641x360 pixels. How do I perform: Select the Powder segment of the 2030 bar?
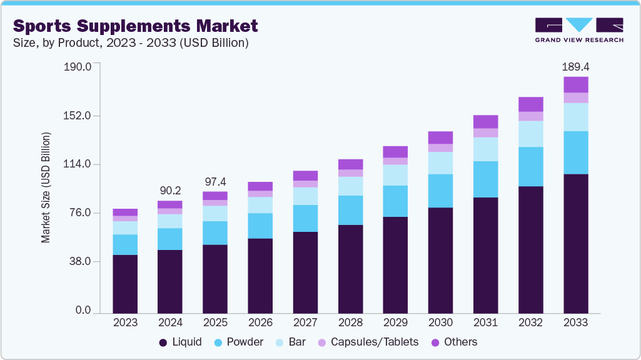point(440,191)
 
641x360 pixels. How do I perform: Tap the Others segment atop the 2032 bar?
point(530,104)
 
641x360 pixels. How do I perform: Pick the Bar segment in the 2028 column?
point(350,186)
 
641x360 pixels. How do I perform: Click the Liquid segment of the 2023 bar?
point(125,284)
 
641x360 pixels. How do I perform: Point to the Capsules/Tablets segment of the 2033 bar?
point(575,97)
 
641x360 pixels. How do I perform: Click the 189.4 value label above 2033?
point(575,66)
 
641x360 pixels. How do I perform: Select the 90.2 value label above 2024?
point(170,191)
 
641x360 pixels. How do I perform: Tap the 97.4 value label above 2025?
point(215,181)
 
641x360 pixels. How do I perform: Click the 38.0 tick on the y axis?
point(79,261)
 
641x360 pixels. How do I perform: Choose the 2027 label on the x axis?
point(305,322)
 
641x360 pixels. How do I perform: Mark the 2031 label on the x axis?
point(485,322)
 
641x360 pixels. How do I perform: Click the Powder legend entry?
point(238,342)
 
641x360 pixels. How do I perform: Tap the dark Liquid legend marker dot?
point(163,342)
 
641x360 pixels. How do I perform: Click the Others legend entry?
point(454,342)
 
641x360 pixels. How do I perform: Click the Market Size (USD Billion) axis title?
point(46,187)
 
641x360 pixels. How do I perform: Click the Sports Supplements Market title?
point(135,26)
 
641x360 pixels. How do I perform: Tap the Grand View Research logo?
point(579,30)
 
